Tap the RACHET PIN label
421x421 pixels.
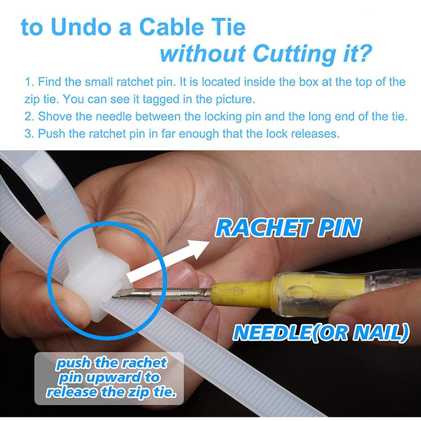click(288, 228)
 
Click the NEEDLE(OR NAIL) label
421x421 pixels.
click(321, 333)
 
